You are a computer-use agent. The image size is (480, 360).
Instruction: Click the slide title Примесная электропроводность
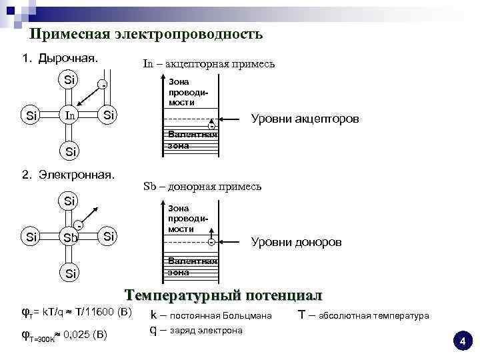147,34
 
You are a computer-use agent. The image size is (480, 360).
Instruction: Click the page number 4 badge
461,341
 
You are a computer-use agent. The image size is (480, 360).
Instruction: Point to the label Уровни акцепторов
304,119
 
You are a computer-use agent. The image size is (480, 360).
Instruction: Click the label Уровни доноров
296,242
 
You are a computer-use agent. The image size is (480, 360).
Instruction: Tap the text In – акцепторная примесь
209,64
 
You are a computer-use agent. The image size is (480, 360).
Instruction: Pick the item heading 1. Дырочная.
61,58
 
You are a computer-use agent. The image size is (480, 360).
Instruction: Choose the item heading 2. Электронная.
68,175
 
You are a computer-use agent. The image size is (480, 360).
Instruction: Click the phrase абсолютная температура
374,315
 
